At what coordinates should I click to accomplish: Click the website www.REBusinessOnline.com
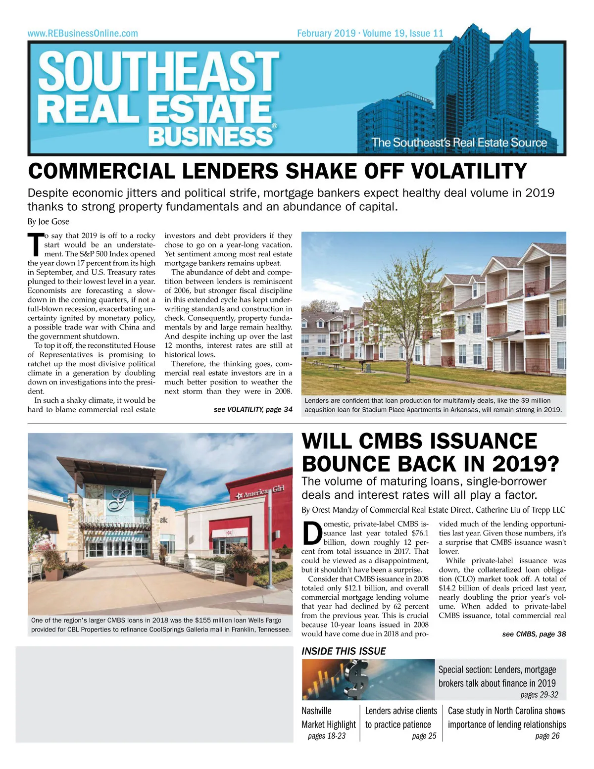click(83, 34)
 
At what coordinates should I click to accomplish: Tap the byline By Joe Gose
click(48, 221)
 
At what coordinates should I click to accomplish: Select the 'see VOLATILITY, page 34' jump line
click(252, 410)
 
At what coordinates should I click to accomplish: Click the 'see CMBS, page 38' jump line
click(534, 634)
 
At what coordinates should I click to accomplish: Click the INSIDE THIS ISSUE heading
click(344, 651)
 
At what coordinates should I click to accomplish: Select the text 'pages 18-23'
click(326, 736)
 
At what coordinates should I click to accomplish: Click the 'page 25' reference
click(424, 736)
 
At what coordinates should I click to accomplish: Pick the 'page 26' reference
click(547, 736)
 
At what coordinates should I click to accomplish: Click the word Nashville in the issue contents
click(316, 711)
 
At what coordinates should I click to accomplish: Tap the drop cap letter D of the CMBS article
click(311, 533)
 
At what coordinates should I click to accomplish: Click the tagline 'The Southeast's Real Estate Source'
click(459, 143)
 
